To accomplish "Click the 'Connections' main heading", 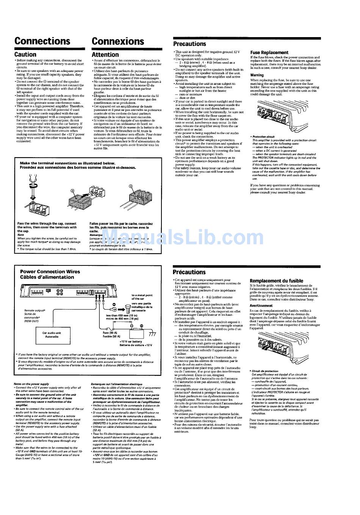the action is tap(42, 41).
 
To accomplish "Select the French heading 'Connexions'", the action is tap(118, 41).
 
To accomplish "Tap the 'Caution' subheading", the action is tap(25, 55).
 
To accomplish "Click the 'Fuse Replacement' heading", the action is tap(269, 53).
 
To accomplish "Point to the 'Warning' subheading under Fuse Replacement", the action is tap(257, 75).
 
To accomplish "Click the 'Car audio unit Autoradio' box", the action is tap(52, 335).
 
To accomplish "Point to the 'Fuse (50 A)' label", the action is tap(111, 333).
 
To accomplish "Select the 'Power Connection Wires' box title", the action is tap(50, 272).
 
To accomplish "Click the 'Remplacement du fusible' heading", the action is tap(276, 281).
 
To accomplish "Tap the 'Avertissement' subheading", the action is tap(261, 306).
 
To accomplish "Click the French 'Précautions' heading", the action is tap(189, 272).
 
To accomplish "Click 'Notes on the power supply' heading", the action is tap(31, 384).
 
